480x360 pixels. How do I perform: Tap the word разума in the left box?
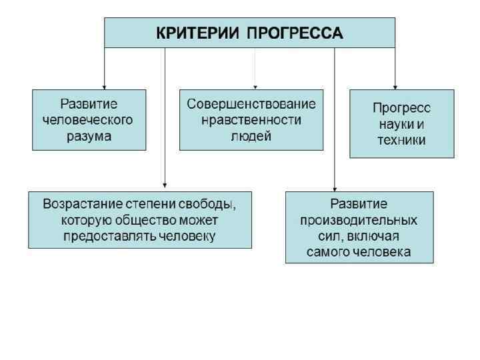coord(89,136)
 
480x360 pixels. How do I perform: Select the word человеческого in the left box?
coord(89,120)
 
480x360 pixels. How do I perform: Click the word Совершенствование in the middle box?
coord(251,105)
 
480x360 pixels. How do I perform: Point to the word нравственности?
coord(251,121)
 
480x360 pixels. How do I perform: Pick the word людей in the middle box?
coord(251,137)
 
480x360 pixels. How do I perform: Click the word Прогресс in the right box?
coord(401,108)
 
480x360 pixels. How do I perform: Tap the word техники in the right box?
coord(401,140)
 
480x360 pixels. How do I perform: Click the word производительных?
coord(359,220)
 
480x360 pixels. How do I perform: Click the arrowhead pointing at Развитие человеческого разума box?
coord(104,85)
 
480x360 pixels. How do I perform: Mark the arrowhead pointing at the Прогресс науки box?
coord(395,85)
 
